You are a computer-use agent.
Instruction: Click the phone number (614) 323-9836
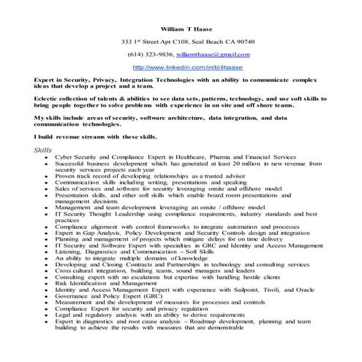[149, 55]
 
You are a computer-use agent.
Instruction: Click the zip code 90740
[244, 42]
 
